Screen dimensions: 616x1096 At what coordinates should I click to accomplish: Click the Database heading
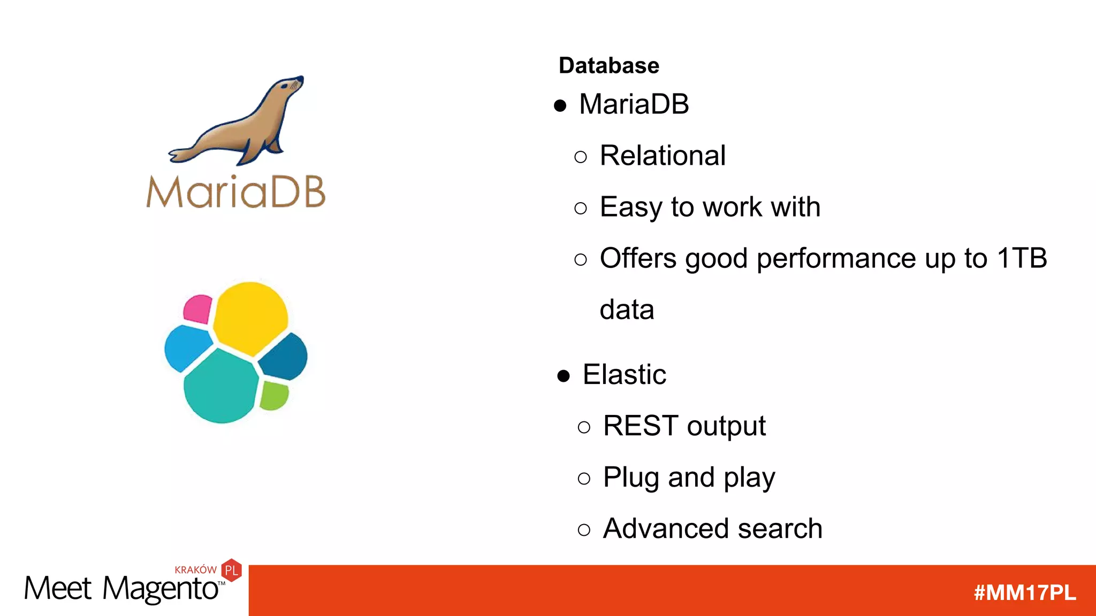tap(608, 66)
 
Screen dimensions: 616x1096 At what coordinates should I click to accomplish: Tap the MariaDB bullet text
tap(634, 104)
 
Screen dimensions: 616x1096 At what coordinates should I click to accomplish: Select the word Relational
tap(662, 156)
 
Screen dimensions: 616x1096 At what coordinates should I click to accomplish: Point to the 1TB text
tap(1022, 258)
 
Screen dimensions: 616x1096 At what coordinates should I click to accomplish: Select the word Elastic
tap(624, 374)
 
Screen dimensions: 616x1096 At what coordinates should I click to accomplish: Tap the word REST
tap(641, 426)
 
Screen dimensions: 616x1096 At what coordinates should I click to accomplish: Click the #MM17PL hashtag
tap(1024, 592)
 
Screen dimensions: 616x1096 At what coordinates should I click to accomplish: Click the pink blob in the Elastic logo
tap(197, 309)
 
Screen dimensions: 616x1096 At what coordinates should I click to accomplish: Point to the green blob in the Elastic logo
tap(275, 396)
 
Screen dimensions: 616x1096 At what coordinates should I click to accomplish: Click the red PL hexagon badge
tap(232, 570)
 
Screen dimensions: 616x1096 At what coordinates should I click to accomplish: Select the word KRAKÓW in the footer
tap(195, 570)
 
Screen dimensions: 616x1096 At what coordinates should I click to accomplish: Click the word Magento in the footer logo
tap(161, 589)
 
